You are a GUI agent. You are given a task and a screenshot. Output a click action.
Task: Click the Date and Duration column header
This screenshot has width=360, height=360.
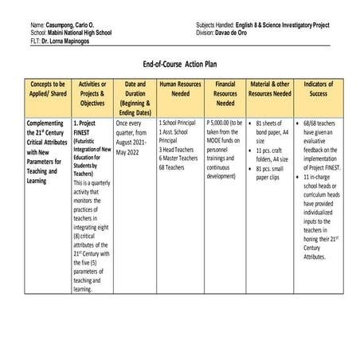[135, 97]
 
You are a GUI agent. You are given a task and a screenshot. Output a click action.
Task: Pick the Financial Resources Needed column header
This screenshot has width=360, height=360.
[225, 92]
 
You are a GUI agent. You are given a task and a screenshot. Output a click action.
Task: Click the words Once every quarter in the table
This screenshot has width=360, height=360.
[132, 129]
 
